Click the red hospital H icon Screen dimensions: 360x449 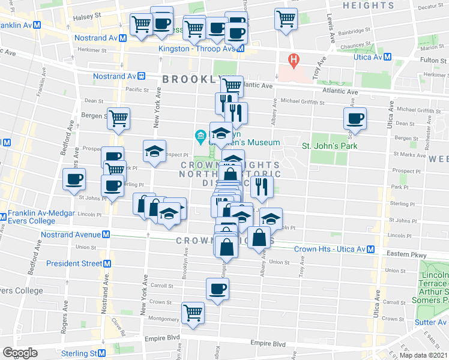tap(294, 59)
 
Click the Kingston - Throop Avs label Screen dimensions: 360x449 tap(195, 49)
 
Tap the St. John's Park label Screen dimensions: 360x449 tap(329, 145)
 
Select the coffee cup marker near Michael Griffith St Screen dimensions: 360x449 tap(354, 118)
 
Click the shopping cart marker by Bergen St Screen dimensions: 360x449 tap(119, 118)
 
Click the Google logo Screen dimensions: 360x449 tap(20, 353)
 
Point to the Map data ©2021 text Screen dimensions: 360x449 tap(423, 355)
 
